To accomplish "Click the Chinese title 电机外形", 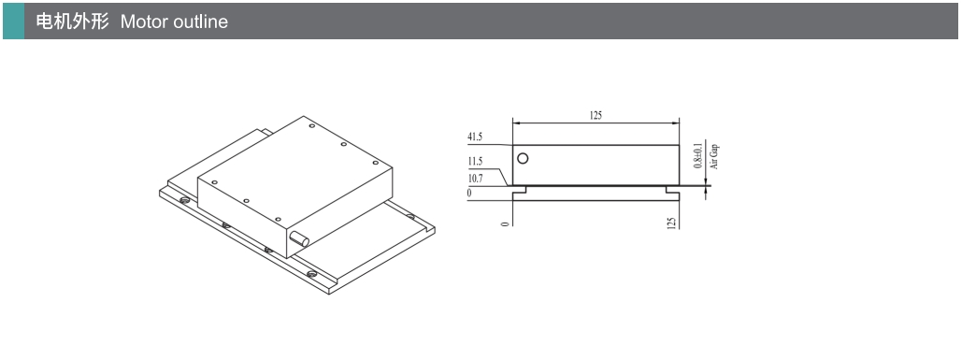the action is pos(72,22).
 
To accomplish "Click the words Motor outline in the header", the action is pos(174,22).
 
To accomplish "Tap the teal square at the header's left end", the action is pos(13,21).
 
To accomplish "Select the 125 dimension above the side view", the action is pos(596,115).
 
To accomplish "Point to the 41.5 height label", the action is pos(475,137).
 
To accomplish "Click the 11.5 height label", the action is pos(475,161).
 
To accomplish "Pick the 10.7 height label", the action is pos(475,178).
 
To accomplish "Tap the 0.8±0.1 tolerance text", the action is pos(697,156).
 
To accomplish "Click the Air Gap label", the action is pos(713,156).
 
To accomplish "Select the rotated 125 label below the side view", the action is pos(671,223).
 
